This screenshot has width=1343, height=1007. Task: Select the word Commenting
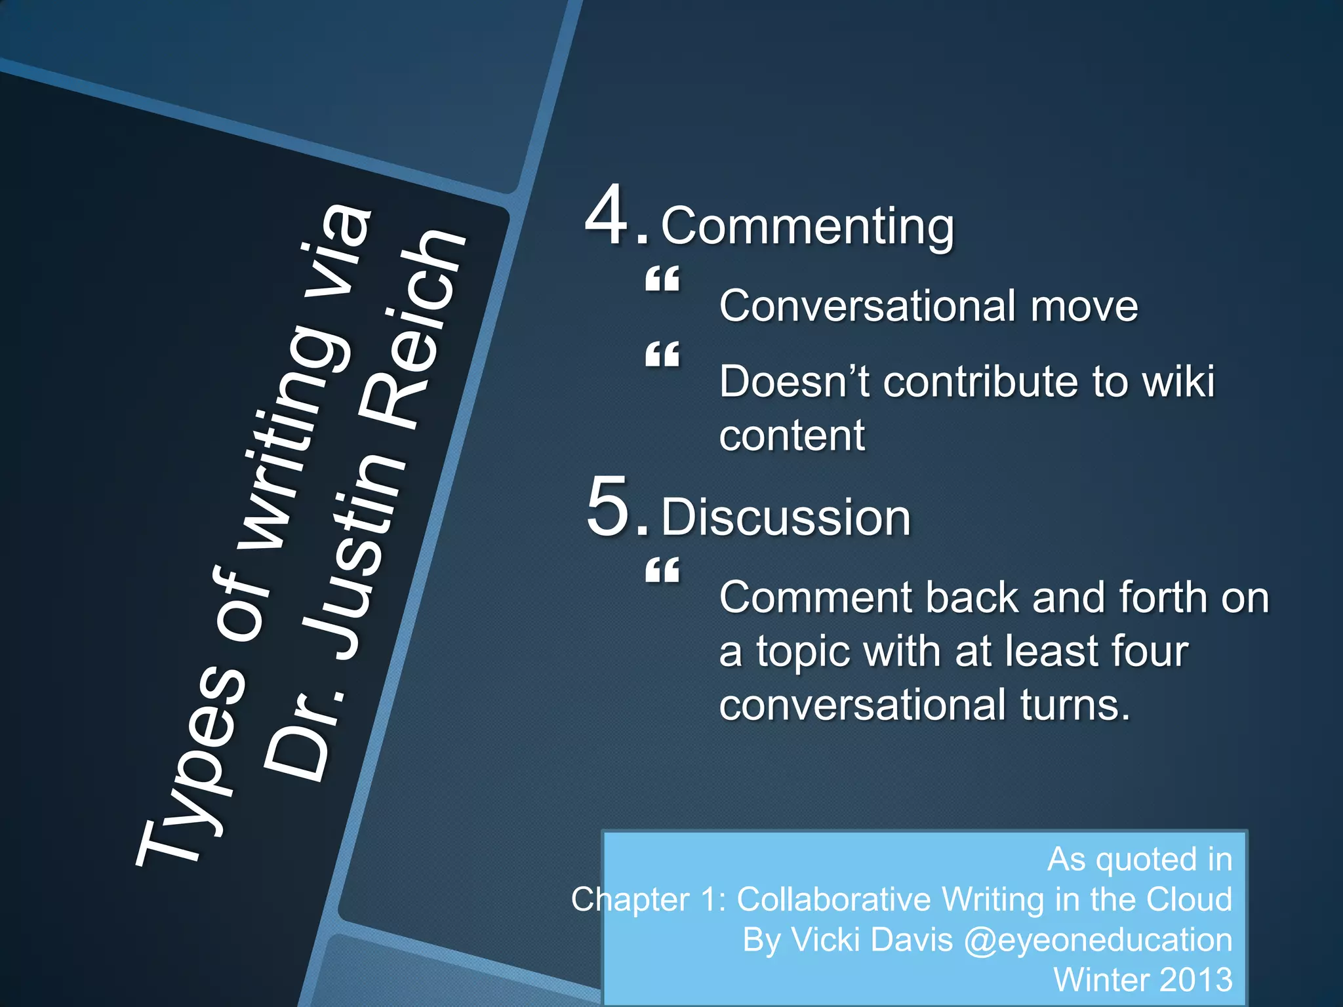coord(807,226)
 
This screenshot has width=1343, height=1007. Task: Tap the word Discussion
coord(786,517)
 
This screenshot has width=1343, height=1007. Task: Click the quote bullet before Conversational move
coord(662,280)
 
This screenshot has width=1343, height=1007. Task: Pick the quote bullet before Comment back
coord(662,572)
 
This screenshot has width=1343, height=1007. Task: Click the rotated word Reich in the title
coord(420,328)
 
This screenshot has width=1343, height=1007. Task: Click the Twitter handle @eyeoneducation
coord(1098,939)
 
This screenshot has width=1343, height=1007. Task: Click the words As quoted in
coord(1140,859)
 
